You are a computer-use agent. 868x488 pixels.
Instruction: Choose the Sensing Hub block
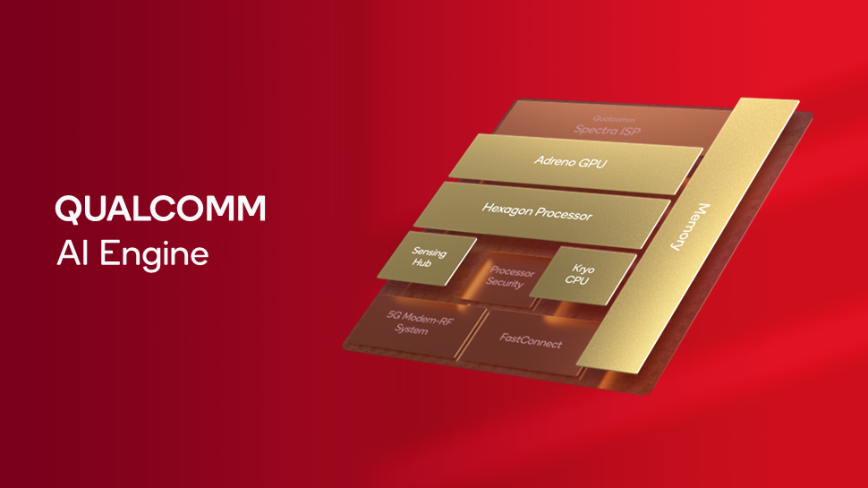click(428, 260)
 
